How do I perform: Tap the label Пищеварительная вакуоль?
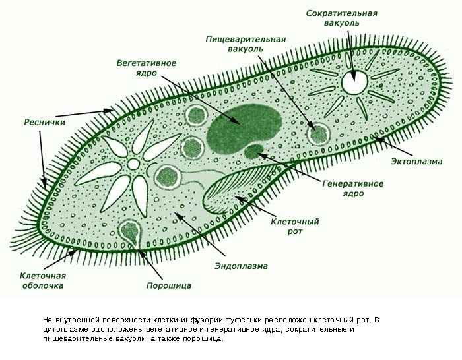(x=236, y=44)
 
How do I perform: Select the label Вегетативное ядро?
(x=146, y=67)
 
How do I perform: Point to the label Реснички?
(x=43, y=122)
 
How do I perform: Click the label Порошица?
(x=168, y=285)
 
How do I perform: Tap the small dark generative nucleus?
(x=253, y=152)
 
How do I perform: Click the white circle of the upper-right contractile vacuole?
(x=354, y=82)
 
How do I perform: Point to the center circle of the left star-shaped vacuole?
(x=133, y=163)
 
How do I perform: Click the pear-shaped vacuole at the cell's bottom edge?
(x=129, y=231)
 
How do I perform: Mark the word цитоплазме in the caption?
(x=63, y=329)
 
